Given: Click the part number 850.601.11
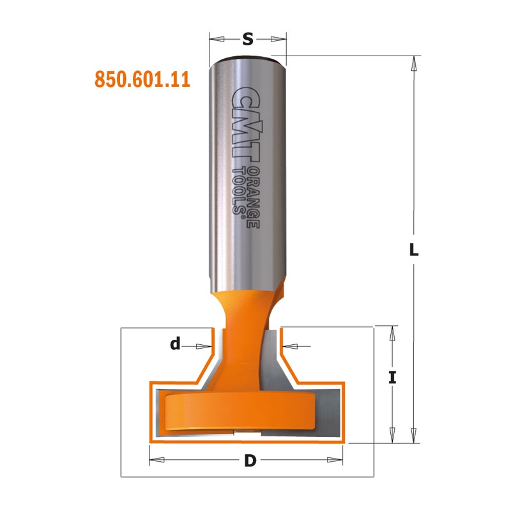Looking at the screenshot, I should [x=143, y=79].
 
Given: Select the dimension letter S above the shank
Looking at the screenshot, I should [x=248, y=40].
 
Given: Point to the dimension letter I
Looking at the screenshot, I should [x=393, y=378].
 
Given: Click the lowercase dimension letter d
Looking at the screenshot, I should [x=174, y=346].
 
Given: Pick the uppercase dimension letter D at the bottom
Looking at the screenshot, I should [x=247, y=460].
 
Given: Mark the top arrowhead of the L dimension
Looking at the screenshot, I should [x=414, y=61].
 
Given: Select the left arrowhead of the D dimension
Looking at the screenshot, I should [x=155, y=460].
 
